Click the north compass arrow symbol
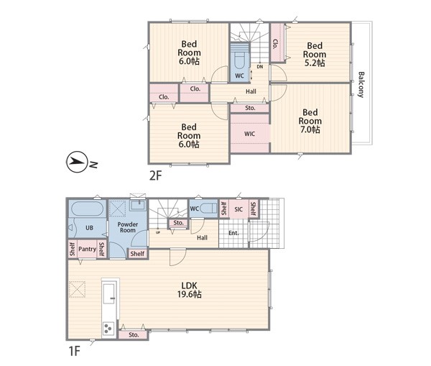77,162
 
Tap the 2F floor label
156,175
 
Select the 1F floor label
74,351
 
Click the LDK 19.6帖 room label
190,290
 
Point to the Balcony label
361,84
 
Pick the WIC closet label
249,134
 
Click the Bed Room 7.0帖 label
310,121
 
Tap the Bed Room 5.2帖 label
315,54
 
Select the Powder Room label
128,227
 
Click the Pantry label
87,249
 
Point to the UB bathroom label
89,228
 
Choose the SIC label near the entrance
238,209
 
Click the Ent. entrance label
233,233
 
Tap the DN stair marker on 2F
260,67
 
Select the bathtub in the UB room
87,209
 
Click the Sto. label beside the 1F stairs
178,223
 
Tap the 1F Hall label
202,238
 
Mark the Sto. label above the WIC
250,108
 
